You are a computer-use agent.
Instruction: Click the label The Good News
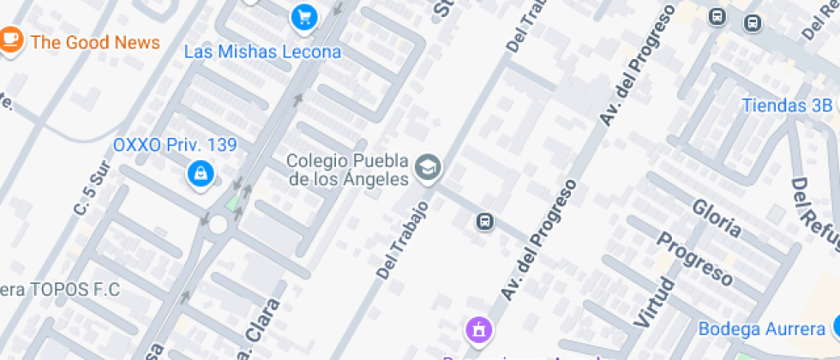point(95,42)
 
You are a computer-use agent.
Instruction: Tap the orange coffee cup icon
point(10,39)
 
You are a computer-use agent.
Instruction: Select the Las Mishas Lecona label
point(262,51)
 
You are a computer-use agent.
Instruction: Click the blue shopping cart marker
point(303,15)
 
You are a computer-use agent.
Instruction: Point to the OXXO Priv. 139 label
point(175,145)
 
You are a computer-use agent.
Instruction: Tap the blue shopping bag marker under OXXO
point(201,174)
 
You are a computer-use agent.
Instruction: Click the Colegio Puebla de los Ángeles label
point(347,170)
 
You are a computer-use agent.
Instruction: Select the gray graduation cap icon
point(428,167)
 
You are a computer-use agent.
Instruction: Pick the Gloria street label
point(716,217)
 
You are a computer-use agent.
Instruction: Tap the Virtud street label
point(653,301)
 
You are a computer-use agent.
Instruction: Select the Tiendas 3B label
point(786,105)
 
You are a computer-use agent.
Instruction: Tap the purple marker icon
point(478,328)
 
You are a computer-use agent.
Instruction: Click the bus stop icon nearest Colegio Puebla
point(485,223)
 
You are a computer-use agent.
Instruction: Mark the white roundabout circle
point(218,225)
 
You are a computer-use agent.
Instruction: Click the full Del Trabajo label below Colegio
point(401,240)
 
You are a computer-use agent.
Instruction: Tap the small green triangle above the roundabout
point(234,201)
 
